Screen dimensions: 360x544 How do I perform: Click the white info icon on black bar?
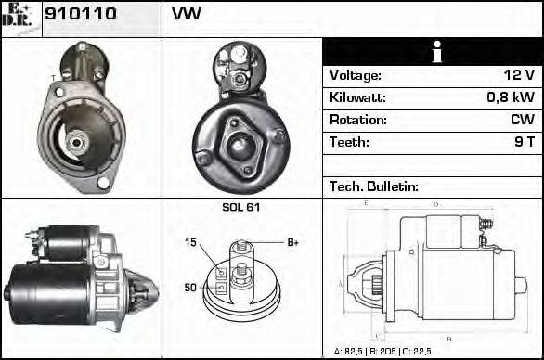[x=432, y=53]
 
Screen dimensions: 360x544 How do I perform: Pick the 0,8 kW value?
[x=512, y=97]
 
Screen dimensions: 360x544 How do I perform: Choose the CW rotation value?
[x=522, y=120]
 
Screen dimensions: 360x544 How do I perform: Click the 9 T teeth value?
[x=524, y=142]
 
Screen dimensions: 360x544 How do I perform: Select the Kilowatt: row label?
[x=357, y=97]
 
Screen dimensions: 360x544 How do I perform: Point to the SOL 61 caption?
[x=241, y=207]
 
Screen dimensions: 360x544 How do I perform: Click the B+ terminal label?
[x=292, y=242]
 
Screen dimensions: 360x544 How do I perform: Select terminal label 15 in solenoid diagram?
[x=190, y=243]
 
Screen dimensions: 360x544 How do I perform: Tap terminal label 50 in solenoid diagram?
[x=190, y=288]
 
